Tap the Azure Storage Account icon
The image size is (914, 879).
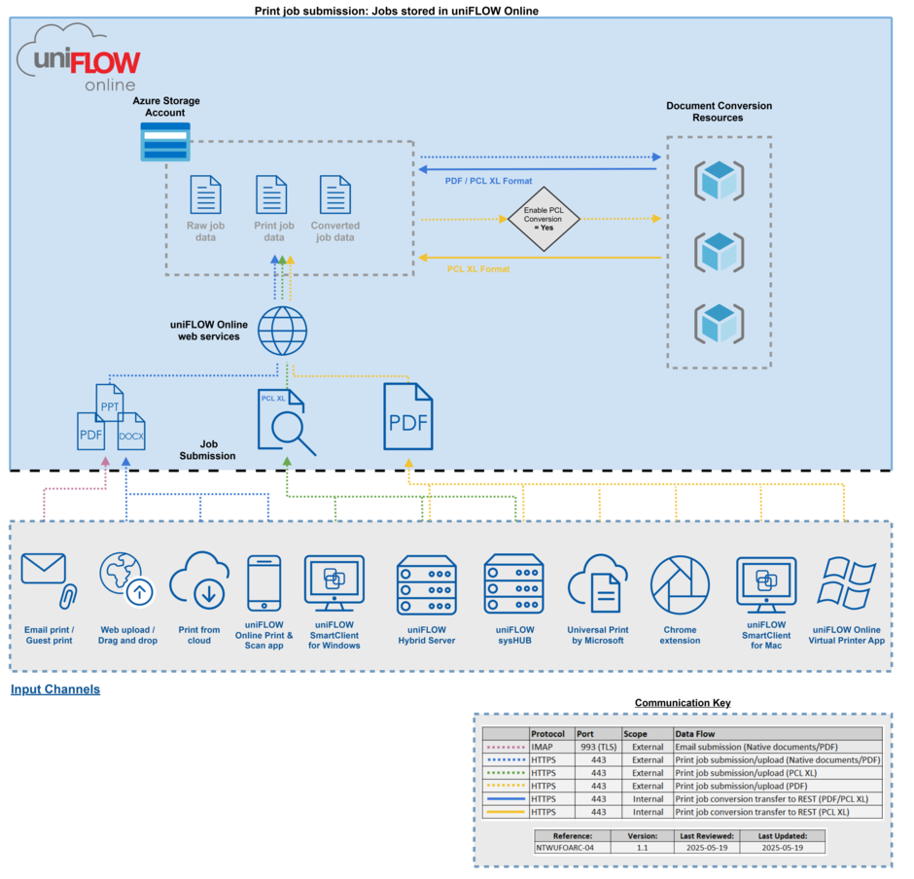pos(165,142)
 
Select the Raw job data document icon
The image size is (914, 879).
pos(205,194)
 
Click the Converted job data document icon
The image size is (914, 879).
pos(335,194)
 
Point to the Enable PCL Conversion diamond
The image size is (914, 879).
pos(545,219)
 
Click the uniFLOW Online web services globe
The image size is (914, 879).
pos(283,331)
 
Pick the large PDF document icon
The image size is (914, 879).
pos(408,416)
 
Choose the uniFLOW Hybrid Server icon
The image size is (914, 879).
pos(426,585)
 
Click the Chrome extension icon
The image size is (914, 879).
pos(680,585)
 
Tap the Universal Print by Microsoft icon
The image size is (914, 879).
pos(598,585)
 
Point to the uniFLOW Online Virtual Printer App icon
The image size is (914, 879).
pos(848,583)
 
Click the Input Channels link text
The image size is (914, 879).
pos(55,689)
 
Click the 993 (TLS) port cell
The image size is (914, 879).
pos(598,747)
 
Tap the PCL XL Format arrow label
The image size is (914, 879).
pos(478,268)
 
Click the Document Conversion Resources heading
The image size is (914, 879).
pos(719,111)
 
